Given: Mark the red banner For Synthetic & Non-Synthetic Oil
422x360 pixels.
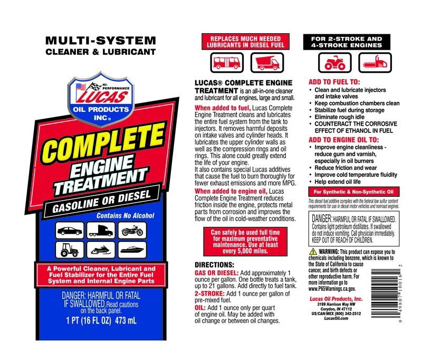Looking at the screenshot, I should click(x=354, y=191).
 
